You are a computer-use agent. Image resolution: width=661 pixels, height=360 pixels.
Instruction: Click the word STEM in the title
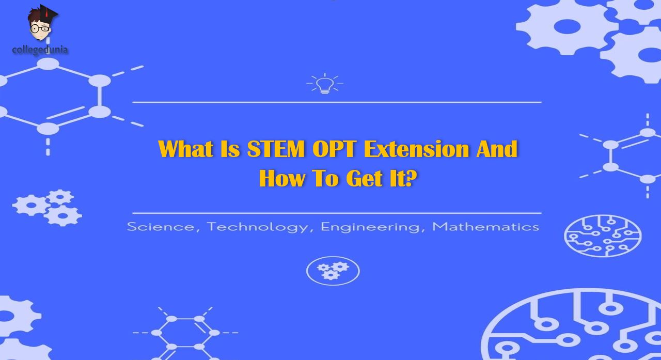pyautogui.click(x=276, y=149)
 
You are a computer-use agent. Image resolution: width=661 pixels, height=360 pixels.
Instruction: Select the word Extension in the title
pyautogui.click(x=416, y=149)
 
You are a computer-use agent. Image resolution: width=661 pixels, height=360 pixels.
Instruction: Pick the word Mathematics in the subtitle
pyautogui.click(x=485, y=227)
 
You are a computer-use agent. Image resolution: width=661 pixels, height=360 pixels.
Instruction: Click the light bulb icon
pyautogui.click(x=325, y=84)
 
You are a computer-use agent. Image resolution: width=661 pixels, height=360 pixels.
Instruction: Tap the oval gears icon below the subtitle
pyautogui.click(x=333, y=271)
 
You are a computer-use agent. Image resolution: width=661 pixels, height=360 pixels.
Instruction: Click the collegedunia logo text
pyautogui.click(x=40, y=50)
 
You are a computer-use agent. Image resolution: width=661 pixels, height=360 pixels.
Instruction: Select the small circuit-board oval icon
pyautogui.click(x=603, y=236)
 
